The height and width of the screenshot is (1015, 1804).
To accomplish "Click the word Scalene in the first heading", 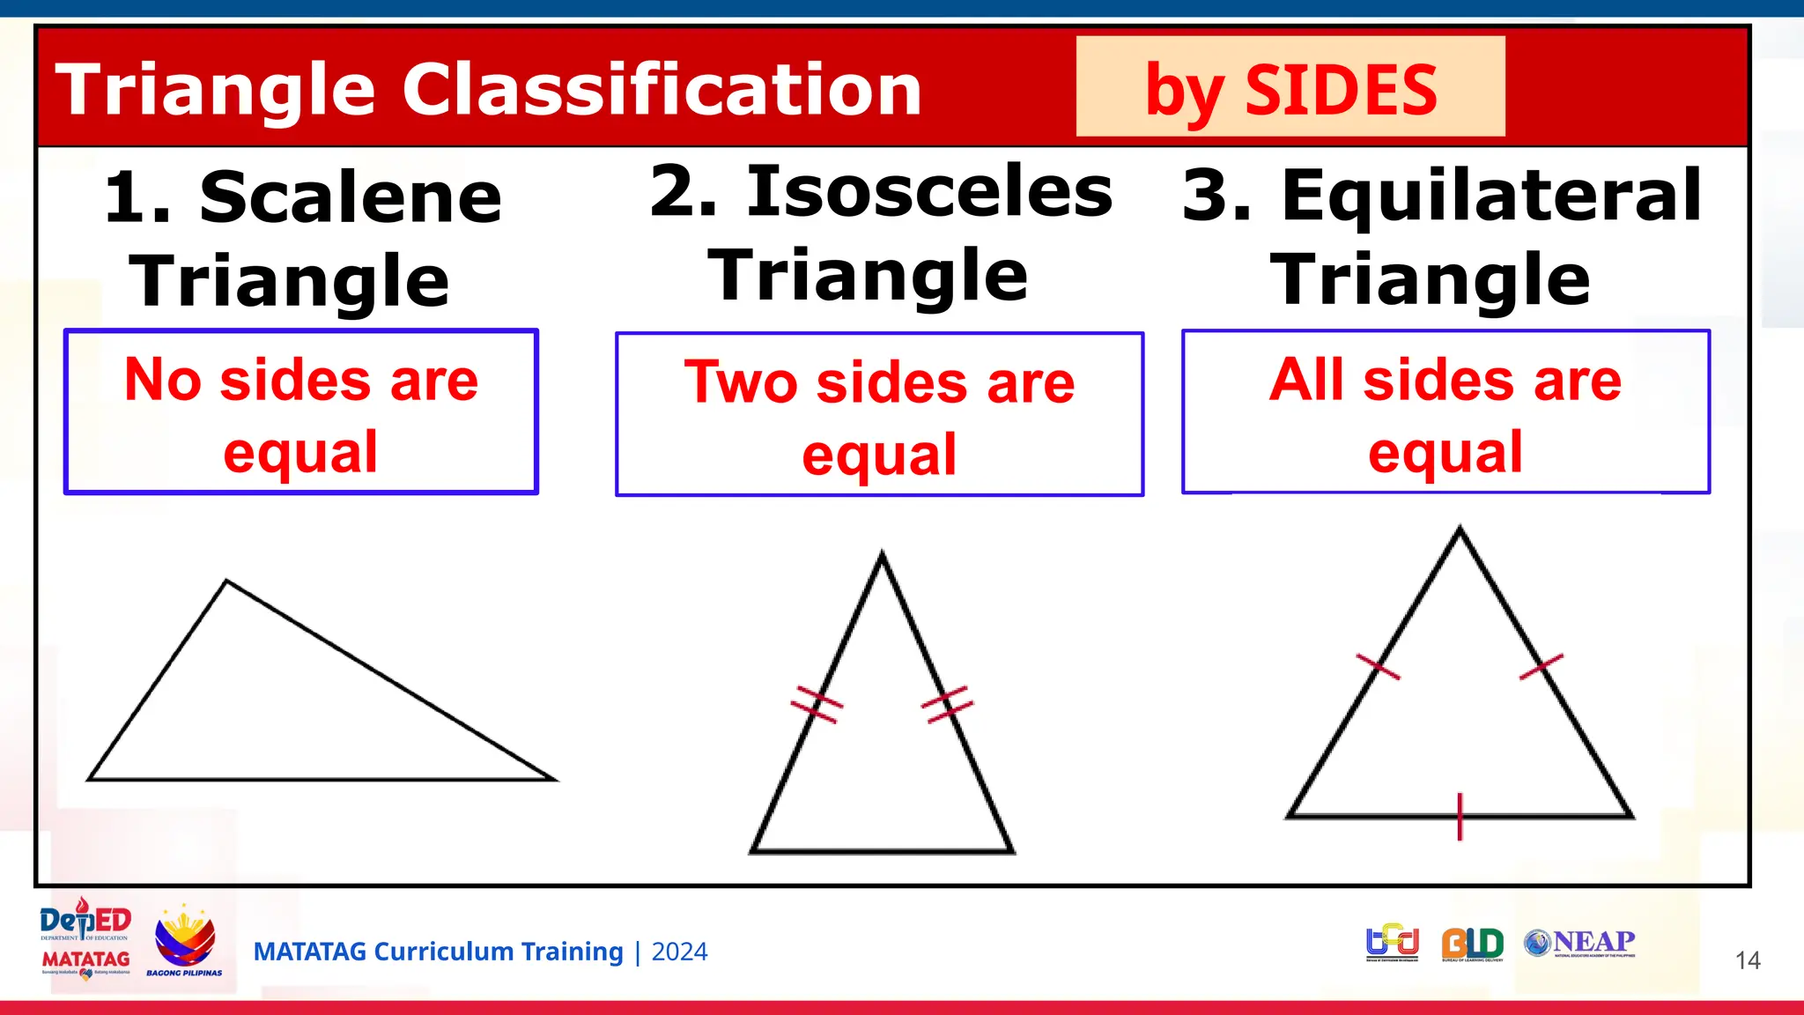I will [351, 197].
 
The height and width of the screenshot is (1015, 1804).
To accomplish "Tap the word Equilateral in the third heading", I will [1491, 195].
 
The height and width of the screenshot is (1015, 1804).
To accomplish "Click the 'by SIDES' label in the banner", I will [1290, 89].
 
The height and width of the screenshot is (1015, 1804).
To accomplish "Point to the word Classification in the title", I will [662, 89].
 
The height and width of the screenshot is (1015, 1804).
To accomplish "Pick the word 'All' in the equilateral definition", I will [1307, 380].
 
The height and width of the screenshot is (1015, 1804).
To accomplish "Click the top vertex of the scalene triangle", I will [227, 582].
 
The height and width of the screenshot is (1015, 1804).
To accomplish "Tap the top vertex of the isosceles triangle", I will [882, 554].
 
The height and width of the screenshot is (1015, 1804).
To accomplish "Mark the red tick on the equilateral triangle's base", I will [1460, 817].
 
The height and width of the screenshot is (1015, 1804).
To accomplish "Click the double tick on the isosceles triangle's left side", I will [817, 705].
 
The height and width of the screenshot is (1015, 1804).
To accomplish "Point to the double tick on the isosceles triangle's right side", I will [948, 705].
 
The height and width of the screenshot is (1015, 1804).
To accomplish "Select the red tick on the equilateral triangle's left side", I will [1378, 667].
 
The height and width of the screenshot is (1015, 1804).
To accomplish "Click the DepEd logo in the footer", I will [85, 922].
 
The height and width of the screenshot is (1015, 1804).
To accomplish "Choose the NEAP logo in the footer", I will [1580, 943].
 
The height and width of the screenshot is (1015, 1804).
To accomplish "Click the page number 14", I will [1748, 960].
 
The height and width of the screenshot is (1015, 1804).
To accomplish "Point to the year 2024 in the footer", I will [679, 952].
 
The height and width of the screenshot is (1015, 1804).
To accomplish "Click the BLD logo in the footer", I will [1472, 944].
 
